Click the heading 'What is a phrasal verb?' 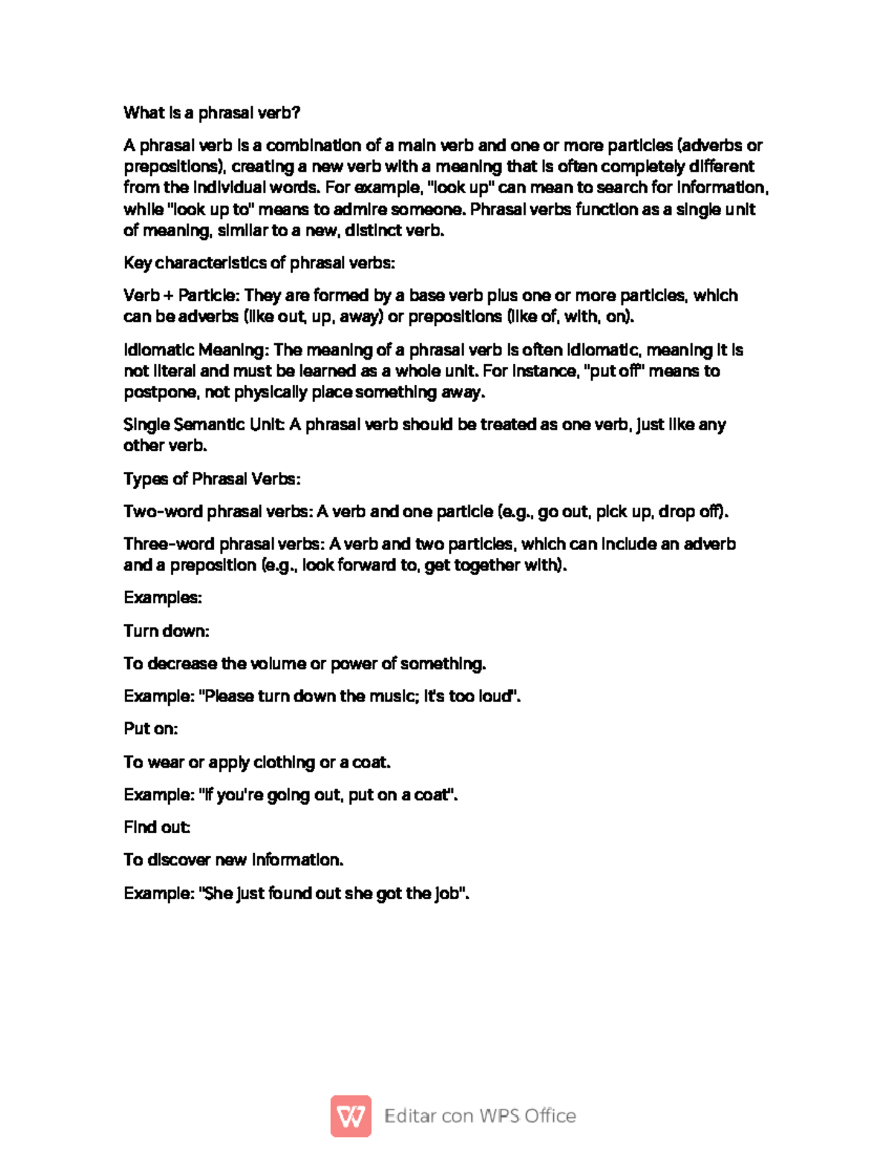click(x=212, y=113)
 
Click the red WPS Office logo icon click(x=351, y=1115)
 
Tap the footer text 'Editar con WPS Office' click(x=480, y=1115)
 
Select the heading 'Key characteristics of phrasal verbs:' click(x=259, y=263)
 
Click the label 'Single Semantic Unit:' click(x=204, y=425)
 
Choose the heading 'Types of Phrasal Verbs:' click(x=212, y=479)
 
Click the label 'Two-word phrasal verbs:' click(x=218, y=512)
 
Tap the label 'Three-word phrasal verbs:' click(x=224, y=545)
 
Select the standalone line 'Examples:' click(x=163, y=598)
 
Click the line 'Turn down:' click(x=167, y=632)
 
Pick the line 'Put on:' click(x=151, y=729)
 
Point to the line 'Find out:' click(x=157, y=827)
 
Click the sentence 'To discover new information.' click(x=233, y=860)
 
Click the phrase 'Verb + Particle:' click(x=181, y=296)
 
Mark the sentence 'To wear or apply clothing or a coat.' click(x=257, y=762)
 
